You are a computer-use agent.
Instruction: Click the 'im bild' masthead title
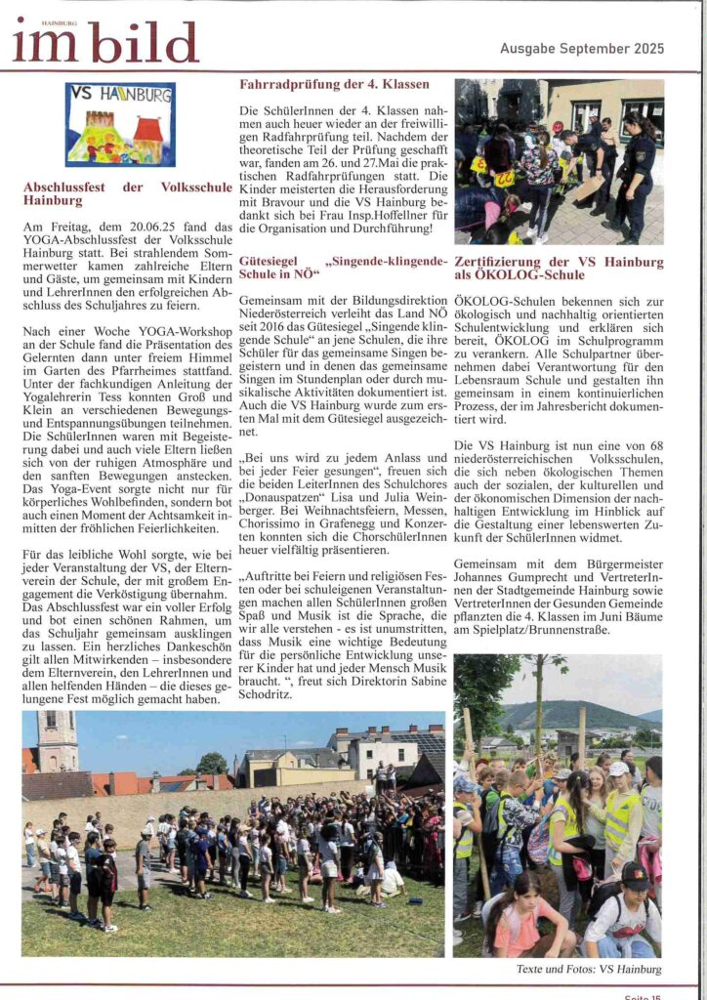point(105,42)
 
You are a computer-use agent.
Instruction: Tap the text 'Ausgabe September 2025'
point(582,48)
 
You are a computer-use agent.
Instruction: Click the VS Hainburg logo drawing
point(120,124)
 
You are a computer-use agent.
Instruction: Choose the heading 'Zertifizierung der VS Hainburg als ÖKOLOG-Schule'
point(559,269)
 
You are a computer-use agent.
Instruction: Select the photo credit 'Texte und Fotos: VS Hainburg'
point(589,969)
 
